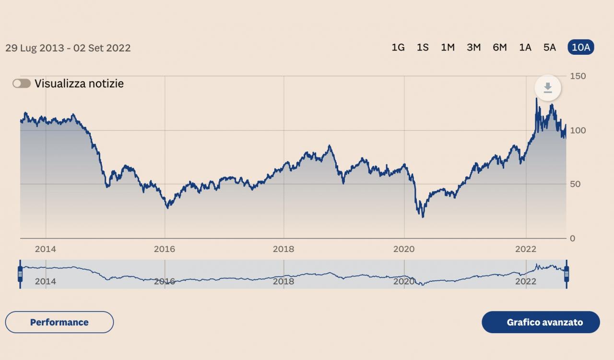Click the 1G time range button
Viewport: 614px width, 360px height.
coord(398,47)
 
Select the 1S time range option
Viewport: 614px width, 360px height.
coord(423,47)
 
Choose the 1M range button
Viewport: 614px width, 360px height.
coord(448,47)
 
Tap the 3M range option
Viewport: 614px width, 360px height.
coord(473,47)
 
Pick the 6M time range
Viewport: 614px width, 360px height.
coord(499,47)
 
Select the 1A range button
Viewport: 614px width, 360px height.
coord(525,47)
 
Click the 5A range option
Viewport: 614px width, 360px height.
coord(550,47)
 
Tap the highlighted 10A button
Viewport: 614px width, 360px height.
coord(581,47)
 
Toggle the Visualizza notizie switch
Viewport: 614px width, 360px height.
coord(22,84)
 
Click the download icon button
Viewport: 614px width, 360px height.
coord(548,88)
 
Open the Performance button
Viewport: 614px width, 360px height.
coord(59,322)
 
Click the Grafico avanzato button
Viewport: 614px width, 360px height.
coord(541,322)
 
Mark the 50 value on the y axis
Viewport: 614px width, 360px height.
coord(576,184)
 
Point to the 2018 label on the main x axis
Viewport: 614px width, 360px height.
coord(283,249)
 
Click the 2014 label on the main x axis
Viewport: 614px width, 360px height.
coord(45,249)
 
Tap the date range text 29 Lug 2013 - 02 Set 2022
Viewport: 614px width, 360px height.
coord(68,48)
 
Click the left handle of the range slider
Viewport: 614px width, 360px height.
coord(20,274)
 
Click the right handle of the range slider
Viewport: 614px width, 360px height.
coord(567,274)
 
